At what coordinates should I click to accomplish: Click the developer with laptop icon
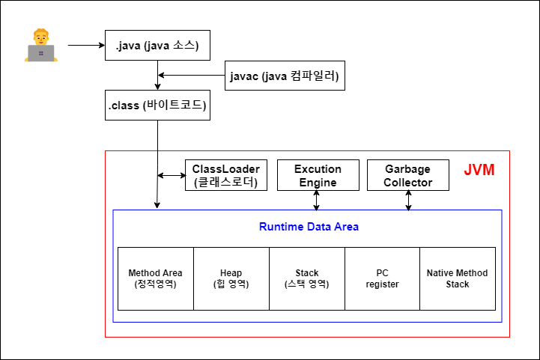40,46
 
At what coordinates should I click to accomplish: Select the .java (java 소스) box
157,46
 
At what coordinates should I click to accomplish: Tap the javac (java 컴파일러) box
285,76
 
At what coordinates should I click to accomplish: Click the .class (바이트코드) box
157,106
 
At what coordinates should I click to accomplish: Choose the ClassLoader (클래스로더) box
225,175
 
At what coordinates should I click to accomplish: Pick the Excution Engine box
318,175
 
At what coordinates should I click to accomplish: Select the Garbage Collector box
408,175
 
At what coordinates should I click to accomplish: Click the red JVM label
479,171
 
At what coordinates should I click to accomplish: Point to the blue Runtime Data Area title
309,227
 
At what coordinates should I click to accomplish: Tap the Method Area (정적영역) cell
156,278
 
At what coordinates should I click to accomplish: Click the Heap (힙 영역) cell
231,278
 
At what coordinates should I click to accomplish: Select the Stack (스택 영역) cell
307,278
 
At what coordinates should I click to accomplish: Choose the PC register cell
382,278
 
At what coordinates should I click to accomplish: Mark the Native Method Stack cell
458,278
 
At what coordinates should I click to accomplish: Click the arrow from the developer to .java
86,46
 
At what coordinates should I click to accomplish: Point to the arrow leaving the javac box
192,76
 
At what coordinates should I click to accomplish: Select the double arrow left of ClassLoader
172,176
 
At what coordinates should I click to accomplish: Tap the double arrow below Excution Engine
317,200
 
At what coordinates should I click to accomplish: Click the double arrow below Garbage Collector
408,200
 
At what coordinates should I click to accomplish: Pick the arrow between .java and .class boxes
157,75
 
